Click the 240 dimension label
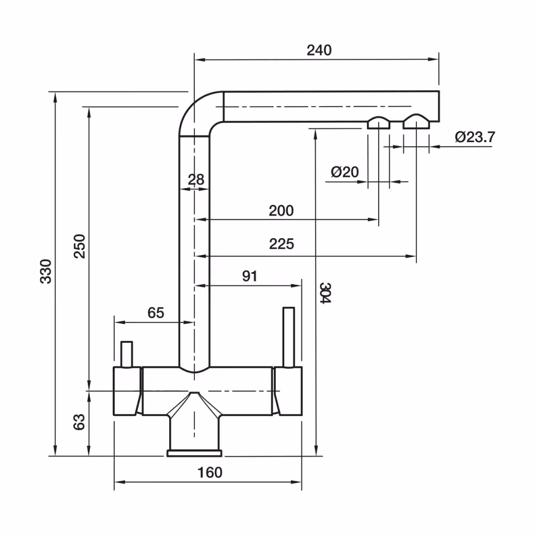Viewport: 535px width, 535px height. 319,50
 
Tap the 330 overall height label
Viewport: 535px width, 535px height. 46,271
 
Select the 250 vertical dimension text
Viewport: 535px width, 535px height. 79,247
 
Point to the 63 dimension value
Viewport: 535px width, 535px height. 79,422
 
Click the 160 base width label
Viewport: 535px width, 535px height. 210,472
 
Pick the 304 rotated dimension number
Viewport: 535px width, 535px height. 325,293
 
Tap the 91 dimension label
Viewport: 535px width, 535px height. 250,276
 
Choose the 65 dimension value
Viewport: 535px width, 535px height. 156,312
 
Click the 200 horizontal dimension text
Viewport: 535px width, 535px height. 281,211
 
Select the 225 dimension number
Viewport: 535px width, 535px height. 282,244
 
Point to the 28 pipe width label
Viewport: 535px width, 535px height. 196,180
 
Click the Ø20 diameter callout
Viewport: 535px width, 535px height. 345,171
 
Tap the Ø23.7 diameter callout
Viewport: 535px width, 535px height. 475,137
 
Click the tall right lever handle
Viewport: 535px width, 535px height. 288,337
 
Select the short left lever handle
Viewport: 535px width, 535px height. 126,354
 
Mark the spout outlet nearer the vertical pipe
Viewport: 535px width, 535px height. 378,123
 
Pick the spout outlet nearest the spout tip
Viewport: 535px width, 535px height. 416,121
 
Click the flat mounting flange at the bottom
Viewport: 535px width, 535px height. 194,453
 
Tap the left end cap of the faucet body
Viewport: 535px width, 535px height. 127,391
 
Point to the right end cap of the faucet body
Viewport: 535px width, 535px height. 288,391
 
